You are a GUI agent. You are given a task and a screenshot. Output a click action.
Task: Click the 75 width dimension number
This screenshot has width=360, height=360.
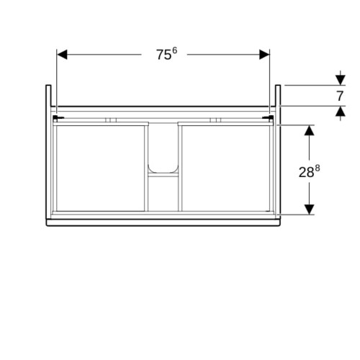coord(164,55)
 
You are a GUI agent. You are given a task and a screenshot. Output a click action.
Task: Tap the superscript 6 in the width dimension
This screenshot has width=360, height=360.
coord(175,50)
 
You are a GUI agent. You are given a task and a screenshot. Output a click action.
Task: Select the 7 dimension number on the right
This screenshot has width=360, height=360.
coord(340,96)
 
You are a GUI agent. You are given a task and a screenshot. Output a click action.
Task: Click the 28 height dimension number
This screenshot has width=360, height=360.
coord(306,172)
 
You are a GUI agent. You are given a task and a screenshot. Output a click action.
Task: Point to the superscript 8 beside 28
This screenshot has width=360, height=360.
coord(318,168)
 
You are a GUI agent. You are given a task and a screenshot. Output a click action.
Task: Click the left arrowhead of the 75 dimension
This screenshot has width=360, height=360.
coord(62,55)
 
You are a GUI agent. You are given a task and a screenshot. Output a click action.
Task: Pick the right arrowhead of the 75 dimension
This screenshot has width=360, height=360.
coord(264,55)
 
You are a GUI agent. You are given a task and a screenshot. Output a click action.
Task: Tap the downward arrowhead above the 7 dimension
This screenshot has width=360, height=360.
coord(341,80)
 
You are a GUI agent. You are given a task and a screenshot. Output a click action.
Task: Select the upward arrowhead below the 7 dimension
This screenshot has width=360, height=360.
coord(341,111)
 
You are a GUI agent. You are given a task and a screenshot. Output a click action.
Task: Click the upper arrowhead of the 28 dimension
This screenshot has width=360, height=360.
coord(310,130)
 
